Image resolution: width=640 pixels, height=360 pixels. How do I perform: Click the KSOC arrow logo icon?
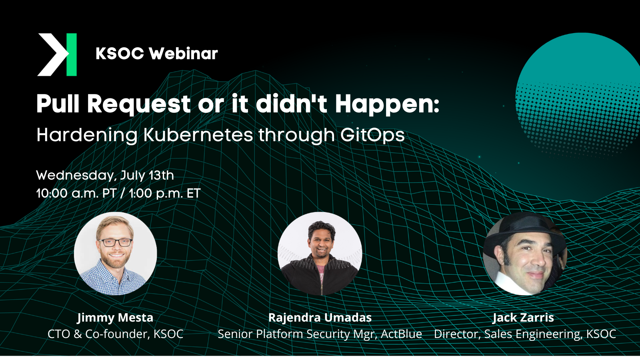point(57,54)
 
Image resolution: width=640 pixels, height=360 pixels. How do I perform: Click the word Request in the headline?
point(139,104)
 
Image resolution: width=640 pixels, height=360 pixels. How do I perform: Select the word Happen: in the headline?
point(387,104)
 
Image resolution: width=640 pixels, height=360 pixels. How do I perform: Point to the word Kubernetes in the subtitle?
point(198,135)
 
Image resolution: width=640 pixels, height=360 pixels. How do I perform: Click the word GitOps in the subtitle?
point(372,135)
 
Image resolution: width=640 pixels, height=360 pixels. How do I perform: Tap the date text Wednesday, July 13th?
point(105,175)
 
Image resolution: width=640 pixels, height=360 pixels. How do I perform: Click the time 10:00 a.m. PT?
point(76,194)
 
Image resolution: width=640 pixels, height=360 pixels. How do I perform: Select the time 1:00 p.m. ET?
point(164,194)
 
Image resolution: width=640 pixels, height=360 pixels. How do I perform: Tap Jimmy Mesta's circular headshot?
point(115,254)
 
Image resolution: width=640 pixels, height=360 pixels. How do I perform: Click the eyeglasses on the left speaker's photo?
point(115,242)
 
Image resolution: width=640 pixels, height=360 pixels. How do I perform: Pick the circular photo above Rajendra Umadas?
point(320,254)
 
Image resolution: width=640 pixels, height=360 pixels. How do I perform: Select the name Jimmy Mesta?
point(115,318)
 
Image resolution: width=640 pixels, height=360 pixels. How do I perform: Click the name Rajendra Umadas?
point(320,318)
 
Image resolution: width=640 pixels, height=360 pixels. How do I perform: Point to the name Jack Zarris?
point(523,318)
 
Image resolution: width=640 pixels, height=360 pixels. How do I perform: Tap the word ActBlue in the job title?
point(401,334)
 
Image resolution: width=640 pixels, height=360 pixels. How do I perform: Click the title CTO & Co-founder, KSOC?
point(115,334)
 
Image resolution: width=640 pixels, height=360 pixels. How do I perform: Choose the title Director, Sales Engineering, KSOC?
point(525,334)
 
